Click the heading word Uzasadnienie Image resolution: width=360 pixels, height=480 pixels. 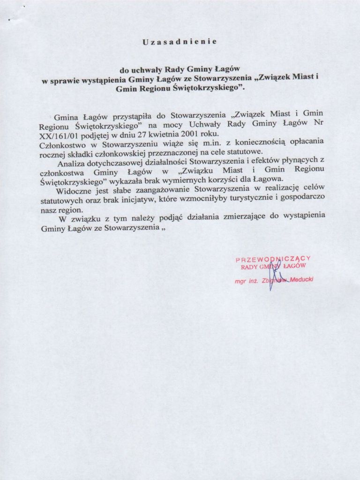(179, 42)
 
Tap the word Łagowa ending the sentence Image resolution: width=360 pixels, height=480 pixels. (269, 180)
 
